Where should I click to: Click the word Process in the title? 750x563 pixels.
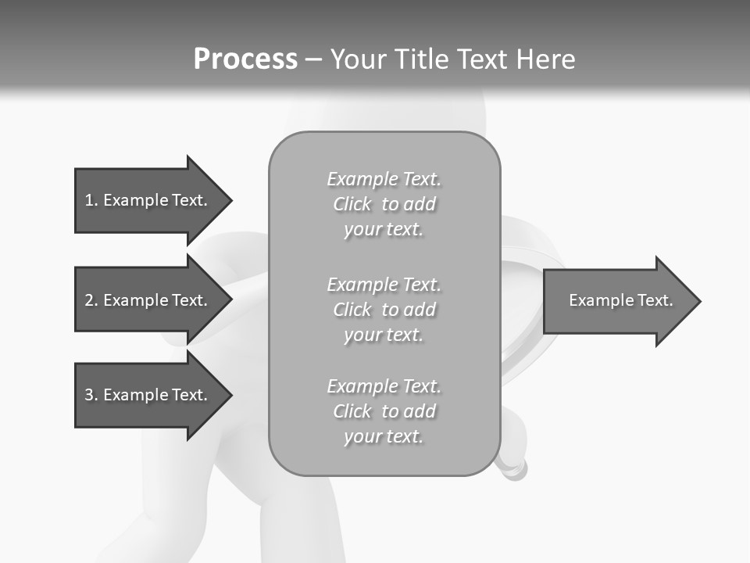pos(245,59)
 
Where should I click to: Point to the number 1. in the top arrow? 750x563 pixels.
pos(91,200)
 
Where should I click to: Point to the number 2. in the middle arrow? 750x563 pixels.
pos(91,300)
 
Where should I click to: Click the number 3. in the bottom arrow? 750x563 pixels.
pos(91,395)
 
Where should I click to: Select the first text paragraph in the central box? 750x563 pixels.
pos(384,204)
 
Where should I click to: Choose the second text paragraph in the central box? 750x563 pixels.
pos(384,310)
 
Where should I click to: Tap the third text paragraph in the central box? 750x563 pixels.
pos(384,411)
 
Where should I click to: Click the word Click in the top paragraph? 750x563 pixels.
pos(352,204)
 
